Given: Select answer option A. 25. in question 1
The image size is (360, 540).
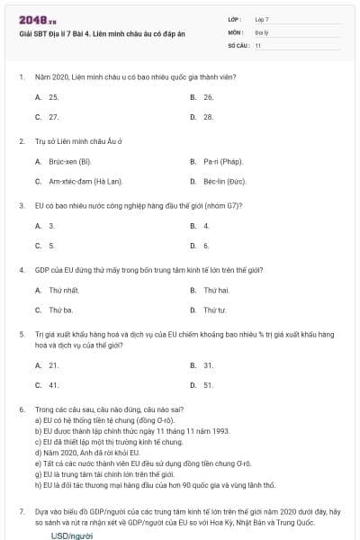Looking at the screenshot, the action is (48, 96).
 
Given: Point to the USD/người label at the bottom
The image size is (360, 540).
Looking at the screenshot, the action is (72, 535).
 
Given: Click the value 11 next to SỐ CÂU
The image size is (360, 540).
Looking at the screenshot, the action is (258, 44).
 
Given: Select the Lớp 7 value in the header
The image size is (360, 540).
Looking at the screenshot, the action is (262, 18).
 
